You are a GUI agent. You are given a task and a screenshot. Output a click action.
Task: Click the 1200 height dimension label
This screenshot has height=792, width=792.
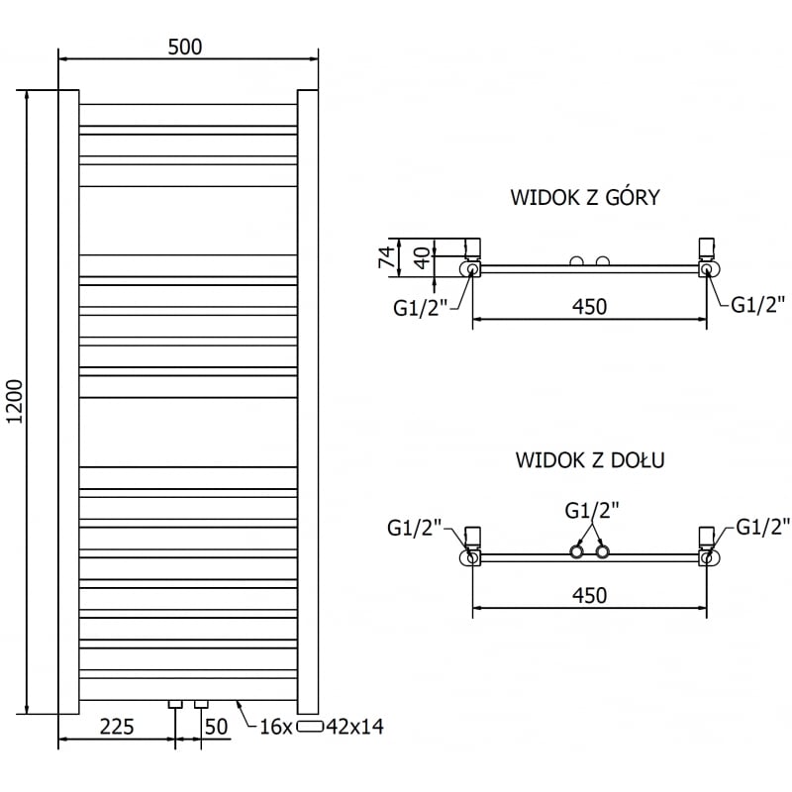pos(13,402)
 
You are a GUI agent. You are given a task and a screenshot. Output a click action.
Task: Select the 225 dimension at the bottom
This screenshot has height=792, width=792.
pos(117,727)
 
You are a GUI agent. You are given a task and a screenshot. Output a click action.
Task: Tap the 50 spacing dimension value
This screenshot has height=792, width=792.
pos(217,727)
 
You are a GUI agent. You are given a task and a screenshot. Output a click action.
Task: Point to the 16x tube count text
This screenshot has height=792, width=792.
pos(276,728)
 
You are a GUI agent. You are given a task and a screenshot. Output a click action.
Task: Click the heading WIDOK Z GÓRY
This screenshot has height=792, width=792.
pos(585,197)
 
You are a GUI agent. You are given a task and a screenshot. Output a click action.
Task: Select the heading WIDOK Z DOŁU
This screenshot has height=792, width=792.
pos(589,460)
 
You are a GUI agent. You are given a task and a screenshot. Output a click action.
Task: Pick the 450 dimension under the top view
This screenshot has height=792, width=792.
pos(588,307)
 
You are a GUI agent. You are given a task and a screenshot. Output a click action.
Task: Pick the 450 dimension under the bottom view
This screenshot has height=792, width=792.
pos(588,595)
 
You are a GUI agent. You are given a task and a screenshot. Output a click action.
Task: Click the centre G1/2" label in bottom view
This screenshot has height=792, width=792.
pos(592,510)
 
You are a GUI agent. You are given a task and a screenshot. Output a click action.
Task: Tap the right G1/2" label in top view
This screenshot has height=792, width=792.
pos(757,305)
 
